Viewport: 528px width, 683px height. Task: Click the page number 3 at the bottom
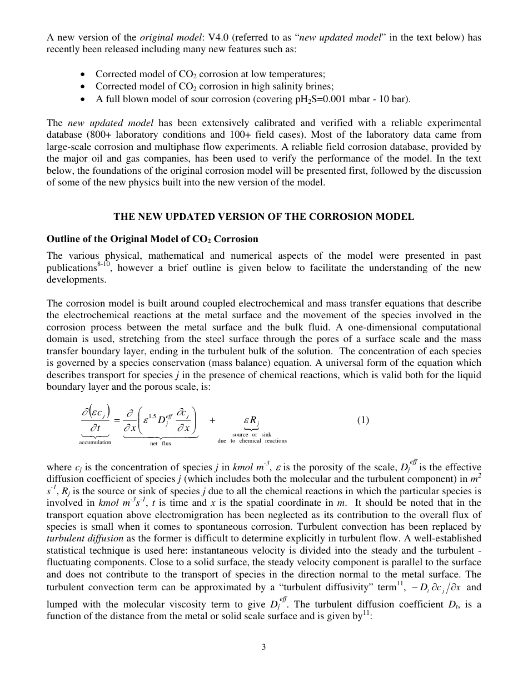pyautogui.click(x=264, y=647)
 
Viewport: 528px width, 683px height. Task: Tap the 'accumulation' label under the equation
pyautogui.click(x=95, y=443)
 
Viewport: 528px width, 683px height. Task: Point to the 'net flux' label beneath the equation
pyautogui.click(x=161, y=444)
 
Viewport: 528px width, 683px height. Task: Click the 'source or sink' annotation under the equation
pyautogui.click(x=252, y=435)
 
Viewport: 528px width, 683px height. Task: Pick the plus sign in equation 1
pyautogui.click(x=212, y=420)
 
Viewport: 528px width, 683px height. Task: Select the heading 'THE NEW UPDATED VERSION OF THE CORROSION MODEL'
pyautogui.click(x=263, y=217)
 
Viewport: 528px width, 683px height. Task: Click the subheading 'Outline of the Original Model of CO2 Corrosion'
pyautogui.click(x=152, y=239)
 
